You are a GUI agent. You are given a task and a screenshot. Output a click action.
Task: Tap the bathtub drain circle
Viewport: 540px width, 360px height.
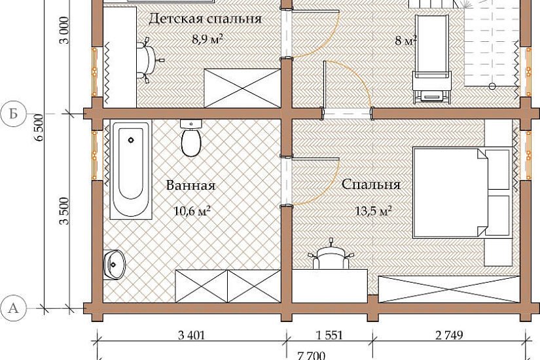point(131,140)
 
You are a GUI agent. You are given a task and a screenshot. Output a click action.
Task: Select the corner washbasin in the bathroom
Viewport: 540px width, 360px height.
point(114,264)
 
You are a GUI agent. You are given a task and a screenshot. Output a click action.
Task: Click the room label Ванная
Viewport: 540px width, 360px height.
point(190,185)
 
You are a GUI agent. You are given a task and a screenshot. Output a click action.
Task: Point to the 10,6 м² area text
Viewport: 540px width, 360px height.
point(192,210)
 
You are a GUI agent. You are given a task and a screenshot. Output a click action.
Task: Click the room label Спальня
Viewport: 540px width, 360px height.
point(371,185)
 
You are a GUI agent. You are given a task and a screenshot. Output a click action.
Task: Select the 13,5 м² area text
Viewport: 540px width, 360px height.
point(373,211)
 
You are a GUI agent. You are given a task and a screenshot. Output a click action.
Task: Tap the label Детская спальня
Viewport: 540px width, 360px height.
point(205,19)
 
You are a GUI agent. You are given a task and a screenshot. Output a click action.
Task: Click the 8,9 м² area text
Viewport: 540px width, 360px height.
point(207,39)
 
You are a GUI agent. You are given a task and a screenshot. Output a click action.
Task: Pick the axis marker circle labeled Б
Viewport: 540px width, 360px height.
point(13,114)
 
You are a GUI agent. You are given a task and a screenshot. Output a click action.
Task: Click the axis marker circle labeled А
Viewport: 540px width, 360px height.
point(13,308)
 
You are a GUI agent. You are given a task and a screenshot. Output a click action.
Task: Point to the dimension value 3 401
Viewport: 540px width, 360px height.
point(192,335)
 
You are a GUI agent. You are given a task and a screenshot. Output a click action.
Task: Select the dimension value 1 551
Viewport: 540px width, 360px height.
point(329,335)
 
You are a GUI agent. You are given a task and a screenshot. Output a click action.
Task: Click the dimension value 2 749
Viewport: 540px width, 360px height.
point(449,335)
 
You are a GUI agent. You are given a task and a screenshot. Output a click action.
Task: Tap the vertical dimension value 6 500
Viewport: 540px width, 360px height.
point(39,128)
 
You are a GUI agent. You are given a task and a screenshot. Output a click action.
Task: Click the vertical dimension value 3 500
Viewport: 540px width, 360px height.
point(64,211)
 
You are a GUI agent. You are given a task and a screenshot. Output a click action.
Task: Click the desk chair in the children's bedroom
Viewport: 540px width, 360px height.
point(149,60)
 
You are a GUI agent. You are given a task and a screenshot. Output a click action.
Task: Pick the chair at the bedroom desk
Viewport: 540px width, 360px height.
point(331,255)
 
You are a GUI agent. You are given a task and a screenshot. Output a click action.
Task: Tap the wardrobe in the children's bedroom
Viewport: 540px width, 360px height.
point(242,88)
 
